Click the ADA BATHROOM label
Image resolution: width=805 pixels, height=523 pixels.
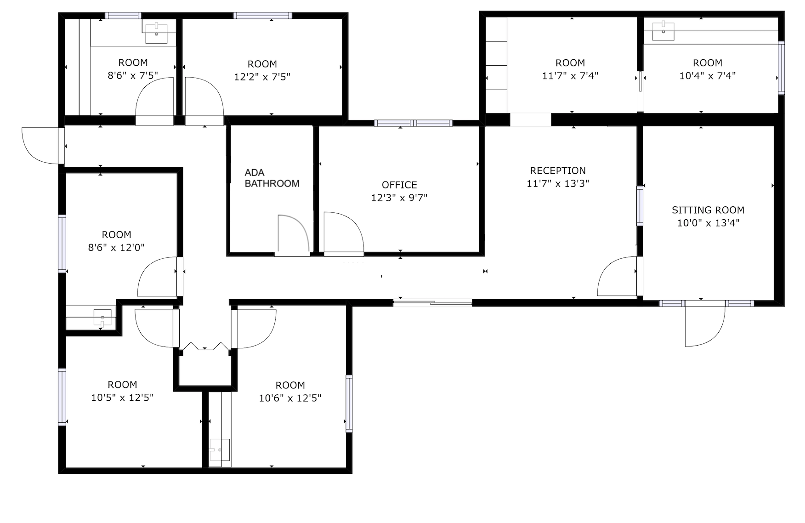pos(272,178)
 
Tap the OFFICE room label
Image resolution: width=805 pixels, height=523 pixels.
pos(399,185)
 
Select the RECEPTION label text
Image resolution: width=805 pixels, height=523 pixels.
pos(558,171)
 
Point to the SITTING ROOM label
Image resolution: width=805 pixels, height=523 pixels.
pos(708,210)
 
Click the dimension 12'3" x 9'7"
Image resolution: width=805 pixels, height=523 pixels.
pos(399,198)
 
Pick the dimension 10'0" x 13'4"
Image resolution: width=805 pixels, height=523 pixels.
pos(708,223)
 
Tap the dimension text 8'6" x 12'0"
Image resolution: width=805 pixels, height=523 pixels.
pos(116,247)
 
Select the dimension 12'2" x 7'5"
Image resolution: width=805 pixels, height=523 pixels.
pos(262,77)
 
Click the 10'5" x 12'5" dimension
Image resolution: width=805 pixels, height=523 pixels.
pos(122,398)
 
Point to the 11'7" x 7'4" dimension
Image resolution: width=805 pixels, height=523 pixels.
pos(570,76)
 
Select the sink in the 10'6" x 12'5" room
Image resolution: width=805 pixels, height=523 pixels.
pos(220,451)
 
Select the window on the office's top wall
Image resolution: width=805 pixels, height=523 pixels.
pos(413,123)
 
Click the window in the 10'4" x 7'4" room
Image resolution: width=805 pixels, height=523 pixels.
pos(781,68)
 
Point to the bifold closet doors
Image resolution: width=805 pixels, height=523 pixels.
pos(205,346)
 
